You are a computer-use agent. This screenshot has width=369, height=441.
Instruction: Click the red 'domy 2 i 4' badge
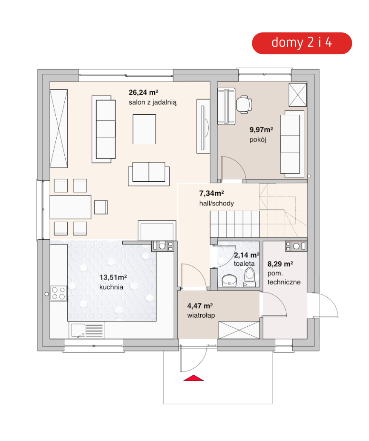pyautogui.click(x=302, y=43)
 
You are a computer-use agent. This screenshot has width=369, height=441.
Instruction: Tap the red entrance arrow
pyautogui.click(x=193, y=378)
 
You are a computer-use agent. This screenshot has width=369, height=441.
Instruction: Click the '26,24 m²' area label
pyautogui.click(x=143, y=93)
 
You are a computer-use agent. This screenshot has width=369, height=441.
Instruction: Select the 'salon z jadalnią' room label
pyautogui.click(x=153, y=102)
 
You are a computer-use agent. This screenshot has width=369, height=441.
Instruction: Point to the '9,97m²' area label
pyautogui.click(x=261, y=130)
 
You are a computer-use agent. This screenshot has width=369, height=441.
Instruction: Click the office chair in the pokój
pyautogui.click(x=244, y=104)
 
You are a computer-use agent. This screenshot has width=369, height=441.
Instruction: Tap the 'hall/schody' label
pyautogui.click(x=216, y=203)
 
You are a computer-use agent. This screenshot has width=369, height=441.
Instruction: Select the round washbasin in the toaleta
pyautogui.click(x=229, y=280)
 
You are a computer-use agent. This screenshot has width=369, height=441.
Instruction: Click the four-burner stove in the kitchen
pyautogui.click(x=58, y=293)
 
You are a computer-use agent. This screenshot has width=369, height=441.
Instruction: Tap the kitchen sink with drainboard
pyautogui.click(x=86, y=330)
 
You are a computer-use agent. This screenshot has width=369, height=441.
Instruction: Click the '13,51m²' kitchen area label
pyautogui.click(x=113, y=277)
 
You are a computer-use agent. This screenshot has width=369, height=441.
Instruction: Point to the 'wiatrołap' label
pyautogui.click(x=201, y=315)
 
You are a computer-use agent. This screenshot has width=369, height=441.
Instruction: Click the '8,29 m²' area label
pyautogui.click(x=280, y=264)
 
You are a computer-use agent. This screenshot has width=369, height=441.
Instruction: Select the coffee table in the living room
pyautogui.click(x=144, y=129)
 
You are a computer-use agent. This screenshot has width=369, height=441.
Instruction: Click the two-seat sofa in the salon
pyautogui.click(x=149, y=174)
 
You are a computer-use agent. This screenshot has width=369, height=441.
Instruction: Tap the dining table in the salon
pyautogui.click(x=71, y=207)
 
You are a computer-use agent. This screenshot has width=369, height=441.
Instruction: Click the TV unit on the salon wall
pyautogui.click(x=203, y=126)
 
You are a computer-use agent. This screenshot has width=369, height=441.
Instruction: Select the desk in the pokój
pyautogui.click(x=226, y=106)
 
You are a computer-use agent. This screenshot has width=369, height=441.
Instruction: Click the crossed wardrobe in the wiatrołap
pyautogui.click(x=239, y=330)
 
